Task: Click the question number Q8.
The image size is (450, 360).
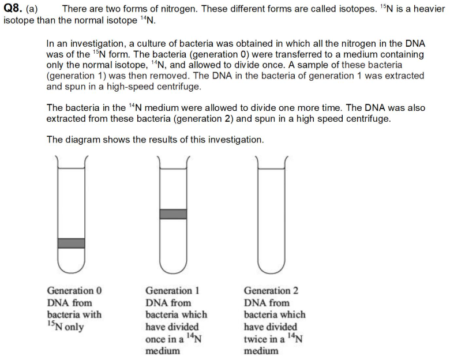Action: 12,9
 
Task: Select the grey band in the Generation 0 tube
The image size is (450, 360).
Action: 71,243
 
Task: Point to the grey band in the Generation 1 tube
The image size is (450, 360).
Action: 173,214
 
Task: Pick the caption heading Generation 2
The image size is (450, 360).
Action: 271,291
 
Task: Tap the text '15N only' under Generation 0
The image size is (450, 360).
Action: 65,327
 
